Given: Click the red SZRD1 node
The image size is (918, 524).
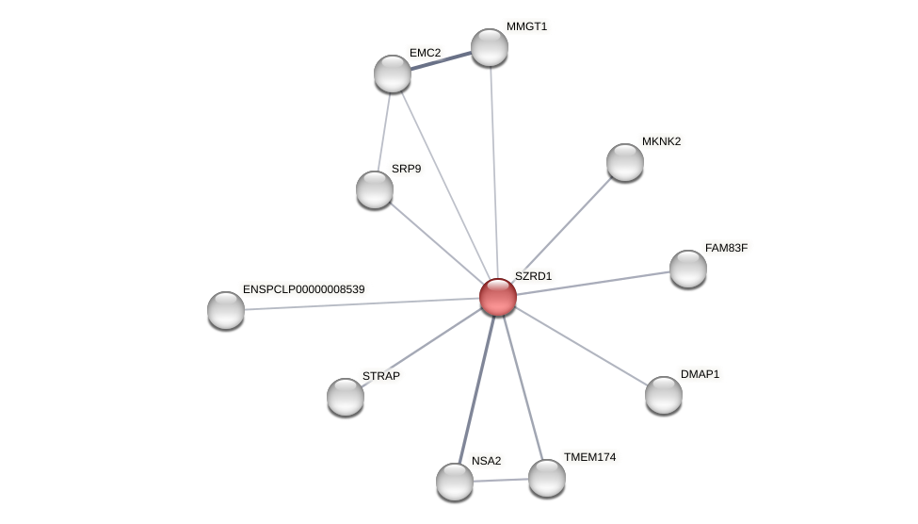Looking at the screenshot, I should tap(498, 297).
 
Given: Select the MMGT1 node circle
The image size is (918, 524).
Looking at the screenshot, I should tap(490, 47).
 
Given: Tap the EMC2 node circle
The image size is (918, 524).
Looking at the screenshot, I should tap(393, 74).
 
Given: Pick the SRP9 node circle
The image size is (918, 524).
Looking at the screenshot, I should tap(375, 189).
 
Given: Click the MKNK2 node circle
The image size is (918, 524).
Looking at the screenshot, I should tap(625, 162).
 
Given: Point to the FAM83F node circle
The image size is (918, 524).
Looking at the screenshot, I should tap(688, 269).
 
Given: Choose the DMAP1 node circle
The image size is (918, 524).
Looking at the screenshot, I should tap(664, 395).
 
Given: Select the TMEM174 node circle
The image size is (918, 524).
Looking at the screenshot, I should tap(547, 478).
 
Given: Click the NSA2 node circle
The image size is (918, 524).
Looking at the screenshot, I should tap(455, 482).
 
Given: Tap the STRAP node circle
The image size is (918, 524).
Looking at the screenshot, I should tap(346, 397).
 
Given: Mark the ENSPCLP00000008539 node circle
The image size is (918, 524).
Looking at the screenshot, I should tap(226, 310).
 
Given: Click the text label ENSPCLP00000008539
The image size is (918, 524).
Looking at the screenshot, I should tap(303, 289).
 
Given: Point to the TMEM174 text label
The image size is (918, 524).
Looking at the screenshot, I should tap(589, 457).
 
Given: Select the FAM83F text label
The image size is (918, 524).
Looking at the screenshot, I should tap(726, 248).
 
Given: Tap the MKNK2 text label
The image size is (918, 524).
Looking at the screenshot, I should tap(661, 141).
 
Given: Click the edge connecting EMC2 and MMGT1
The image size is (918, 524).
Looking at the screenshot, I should tap(441, 60).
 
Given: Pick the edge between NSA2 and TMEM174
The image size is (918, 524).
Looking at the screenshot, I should tap(501, 480).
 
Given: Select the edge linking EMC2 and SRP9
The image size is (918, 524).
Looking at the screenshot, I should tap(384, 131).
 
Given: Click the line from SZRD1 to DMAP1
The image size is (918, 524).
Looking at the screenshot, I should tap(581, 346).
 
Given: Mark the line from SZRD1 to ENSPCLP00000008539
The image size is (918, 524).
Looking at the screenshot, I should tap(362, 303).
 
